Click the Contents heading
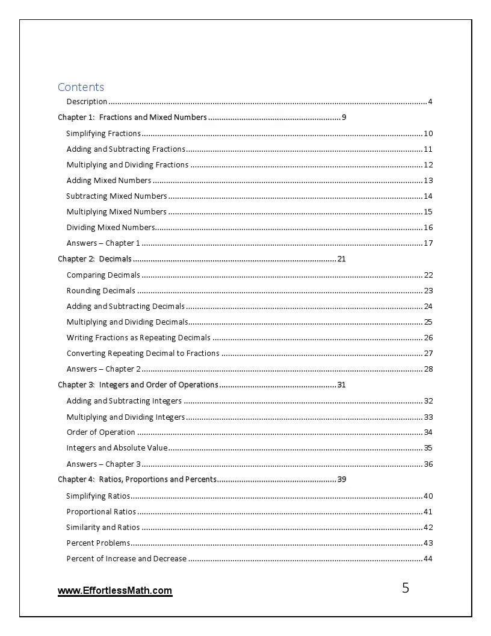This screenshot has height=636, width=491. [81, 87]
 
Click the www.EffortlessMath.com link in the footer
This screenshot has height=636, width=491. [115, 591]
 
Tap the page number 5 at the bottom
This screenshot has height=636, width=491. [406, 588]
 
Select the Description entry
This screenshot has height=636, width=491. [87, 101]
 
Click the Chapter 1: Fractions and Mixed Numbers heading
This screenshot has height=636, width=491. [132, 117]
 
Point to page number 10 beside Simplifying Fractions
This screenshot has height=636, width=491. [428, 134]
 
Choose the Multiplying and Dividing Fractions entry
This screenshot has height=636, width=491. [128, 164]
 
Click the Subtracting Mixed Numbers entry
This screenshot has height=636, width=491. [117, 196]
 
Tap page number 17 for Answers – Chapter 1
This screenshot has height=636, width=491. [428, 243]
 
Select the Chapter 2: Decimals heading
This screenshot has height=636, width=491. [94, 259]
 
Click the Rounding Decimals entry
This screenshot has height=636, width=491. [101, 290]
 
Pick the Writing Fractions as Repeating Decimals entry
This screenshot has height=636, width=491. [138, 337]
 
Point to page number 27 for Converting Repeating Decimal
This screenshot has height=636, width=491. [428, 354]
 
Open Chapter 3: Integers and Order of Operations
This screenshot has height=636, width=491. [138, 385]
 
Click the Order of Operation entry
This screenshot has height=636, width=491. [100, 432]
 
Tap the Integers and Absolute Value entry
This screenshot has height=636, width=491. [117, 447]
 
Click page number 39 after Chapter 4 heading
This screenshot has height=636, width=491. [341, 479]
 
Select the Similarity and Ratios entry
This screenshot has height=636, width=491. [103, 527]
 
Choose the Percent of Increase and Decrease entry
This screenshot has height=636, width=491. [126, 558]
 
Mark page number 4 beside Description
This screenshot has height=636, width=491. [430, 101]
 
